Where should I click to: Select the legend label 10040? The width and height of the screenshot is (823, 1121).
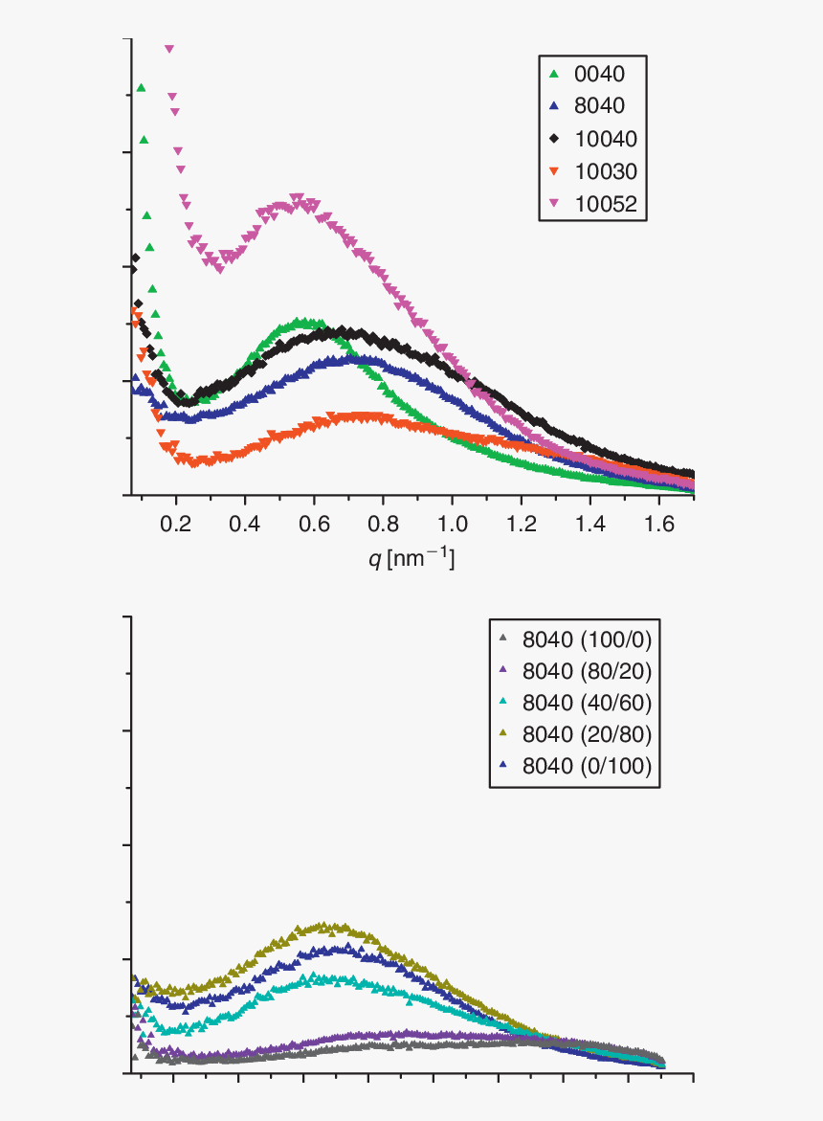[606, 139]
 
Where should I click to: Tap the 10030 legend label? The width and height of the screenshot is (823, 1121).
[606, 171]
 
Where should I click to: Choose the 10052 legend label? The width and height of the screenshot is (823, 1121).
[606, 204]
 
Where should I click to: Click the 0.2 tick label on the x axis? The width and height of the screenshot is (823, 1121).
[175, 524]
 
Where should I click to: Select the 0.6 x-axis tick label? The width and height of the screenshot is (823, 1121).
[314, 524]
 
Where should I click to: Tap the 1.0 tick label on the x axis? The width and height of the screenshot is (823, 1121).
[452, 524]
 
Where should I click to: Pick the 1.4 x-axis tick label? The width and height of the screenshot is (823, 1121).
[589, 524]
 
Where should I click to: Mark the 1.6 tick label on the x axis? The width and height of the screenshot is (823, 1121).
[658, 524]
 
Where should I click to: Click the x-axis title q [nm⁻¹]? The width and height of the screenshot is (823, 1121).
[411, 558]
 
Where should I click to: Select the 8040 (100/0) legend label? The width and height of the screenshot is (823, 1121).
[587, 639]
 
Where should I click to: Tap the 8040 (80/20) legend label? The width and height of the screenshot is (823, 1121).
[587, 670]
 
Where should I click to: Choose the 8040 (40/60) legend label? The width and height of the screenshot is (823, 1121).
[587, 702]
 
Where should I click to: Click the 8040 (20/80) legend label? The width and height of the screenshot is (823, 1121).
[587, 733]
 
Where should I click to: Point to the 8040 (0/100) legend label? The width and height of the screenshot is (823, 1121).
[587, 765]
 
